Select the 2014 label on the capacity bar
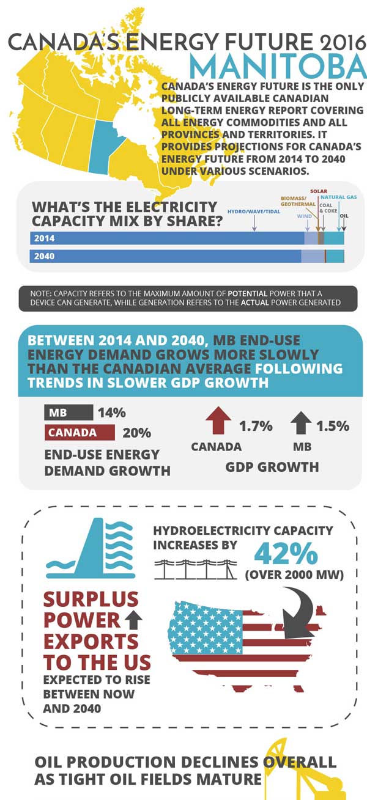pos(44,238)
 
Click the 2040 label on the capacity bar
pos(44,256)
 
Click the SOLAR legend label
pos(318,191)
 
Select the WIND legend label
pos(304,216)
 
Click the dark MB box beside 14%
pos(68,413)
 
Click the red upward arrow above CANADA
pos(218,421)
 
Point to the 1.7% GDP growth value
pos(256,426)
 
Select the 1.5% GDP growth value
pos(333,426)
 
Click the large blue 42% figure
pos(286,553)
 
